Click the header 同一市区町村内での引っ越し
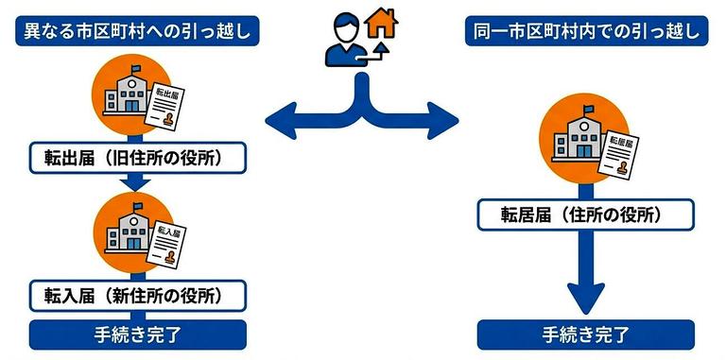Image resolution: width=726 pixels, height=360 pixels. coord(587,31)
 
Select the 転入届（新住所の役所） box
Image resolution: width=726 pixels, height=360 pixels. coord(138,295)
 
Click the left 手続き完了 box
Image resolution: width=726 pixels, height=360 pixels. coord(138,334)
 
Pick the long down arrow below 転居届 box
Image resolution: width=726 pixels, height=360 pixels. coord(586,274)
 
